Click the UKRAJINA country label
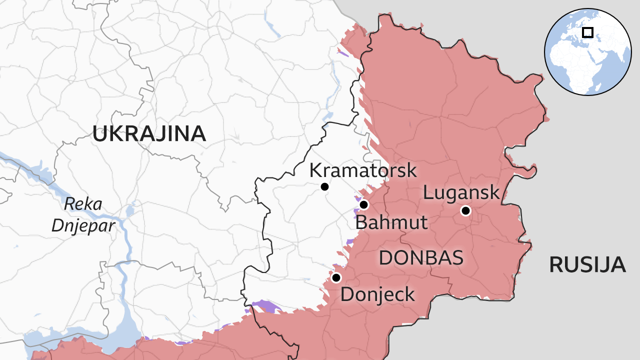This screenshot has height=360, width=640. (149, 133)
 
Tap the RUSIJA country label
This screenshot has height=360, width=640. (587, 264)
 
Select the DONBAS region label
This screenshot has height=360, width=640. (420, 257)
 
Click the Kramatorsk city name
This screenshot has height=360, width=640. (363, 170)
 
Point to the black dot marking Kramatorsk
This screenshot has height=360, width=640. (324, 186)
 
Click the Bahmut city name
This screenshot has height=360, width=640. (391, 222)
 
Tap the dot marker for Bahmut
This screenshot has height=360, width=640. (364, 204)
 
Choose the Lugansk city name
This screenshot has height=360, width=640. (461, 192)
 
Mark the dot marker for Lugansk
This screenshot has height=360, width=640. (465, 210)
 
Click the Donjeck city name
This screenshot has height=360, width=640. (377, 294)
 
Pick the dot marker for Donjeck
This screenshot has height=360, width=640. (336, 277)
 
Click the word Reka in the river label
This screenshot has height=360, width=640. (83, 204)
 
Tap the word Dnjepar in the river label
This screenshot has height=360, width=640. (83, 225)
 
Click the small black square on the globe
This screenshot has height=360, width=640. (588, 32)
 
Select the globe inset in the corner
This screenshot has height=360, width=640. (587, 51)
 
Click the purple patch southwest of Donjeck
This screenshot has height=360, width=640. (265, 305)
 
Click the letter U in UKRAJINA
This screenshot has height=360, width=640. (100, 133)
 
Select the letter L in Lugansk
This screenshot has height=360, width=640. (428, 193)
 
